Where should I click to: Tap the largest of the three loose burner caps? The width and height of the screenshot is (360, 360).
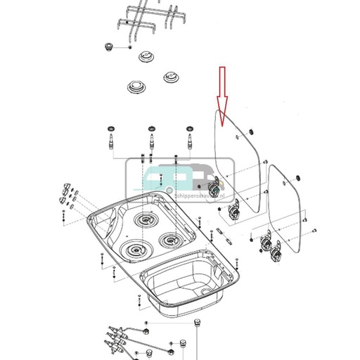click(x=136, y=89)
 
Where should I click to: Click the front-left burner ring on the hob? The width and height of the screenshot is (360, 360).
click(x=134, y=250)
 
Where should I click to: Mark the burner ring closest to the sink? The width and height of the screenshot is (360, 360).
click(x=169, y=240)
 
